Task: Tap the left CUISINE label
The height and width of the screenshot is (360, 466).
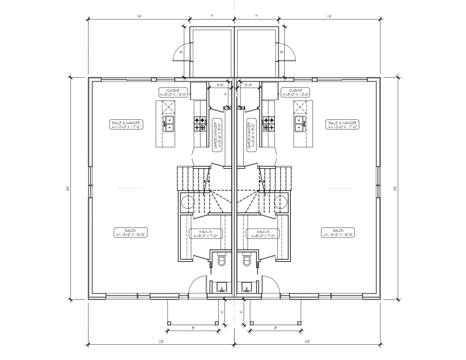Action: tap(173, 92)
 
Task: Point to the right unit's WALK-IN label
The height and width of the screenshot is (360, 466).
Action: tap(263, 234)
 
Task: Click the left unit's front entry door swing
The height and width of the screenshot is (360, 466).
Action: tap(198, 285)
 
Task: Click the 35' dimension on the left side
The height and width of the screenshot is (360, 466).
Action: tap(67, 188)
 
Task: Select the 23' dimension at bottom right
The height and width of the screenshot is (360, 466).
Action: tap(307, 341)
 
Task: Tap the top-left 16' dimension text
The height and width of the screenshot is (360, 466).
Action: tap(139, 16)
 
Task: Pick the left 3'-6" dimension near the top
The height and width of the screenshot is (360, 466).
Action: tap(220, 85)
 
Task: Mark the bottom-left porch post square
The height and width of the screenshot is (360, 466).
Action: tap(169, 323)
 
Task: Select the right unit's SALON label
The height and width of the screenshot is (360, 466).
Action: tap(338, 232)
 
